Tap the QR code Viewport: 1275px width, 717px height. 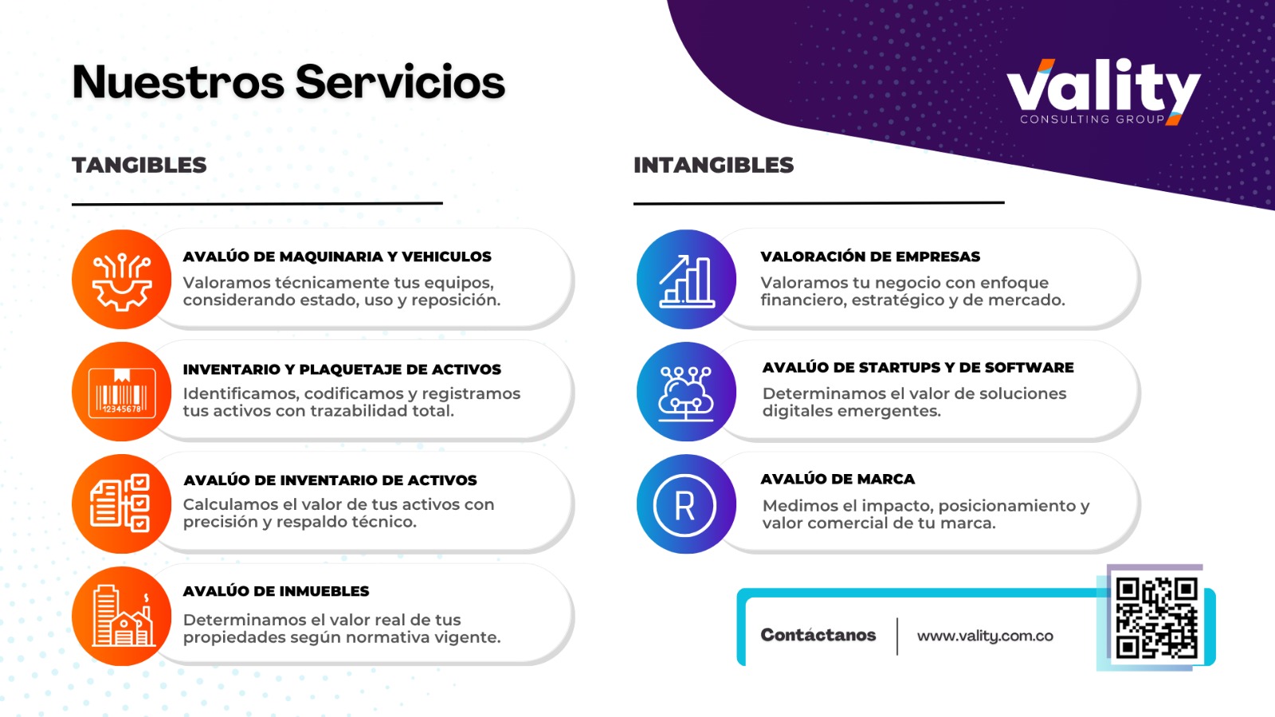[1156, 618]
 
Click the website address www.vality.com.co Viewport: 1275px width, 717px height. [985, 636]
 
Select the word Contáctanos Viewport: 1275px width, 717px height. [818, 635]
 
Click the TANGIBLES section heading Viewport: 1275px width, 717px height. [139, 165]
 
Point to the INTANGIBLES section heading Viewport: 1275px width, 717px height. [713, 165]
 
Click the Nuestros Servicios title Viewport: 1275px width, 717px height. [288, 82]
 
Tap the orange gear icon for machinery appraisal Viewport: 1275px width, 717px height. [122, 280]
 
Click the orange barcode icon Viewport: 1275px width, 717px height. [122, 392]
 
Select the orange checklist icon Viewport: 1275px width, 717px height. [122, 503]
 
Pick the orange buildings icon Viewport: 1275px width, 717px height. [122, 616]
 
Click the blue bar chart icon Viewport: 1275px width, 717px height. [686, 280]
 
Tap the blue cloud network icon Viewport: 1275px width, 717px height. [686, 392]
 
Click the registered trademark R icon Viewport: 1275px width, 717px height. [685, 504]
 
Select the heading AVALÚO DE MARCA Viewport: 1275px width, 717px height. [838, 479]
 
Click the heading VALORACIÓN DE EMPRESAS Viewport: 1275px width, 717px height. [870, 257]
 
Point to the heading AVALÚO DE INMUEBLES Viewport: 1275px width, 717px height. [276, 591]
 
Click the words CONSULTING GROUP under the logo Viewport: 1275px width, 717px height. [1092, 119]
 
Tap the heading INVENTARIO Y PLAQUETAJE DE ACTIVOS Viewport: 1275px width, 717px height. [342, 369]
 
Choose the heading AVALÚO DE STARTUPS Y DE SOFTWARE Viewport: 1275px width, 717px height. [918, 367]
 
